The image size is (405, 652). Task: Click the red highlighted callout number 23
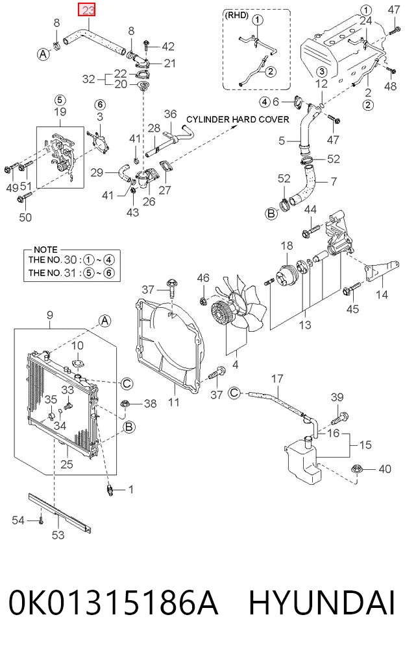pyautogui.click(x=88, y=10)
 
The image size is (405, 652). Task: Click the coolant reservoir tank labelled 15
pyautogui.click(x=303, y=460)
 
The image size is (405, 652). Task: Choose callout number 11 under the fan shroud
pyautogui.click(x=173, y=402)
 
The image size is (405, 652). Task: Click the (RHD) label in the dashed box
pyautogui.click(x=237, y=16)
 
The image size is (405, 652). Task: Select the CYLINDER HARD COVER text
pyautogui.click(x=238, y=119)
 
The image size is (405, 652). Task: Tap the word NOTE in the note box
pyautogui.click(x=45, y=250)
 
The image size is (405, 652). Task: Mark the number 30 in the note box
pyautogui.click(x=70, y=260)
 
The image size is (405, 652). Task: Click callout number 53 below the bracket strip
pyautogui.click(x=58, y=535)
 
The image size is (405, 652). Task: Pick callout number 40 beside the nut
pyautogui.click(x=385, y=469)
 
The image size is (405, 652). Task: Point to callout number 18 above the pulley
pyautogui.click(x=287, y=246)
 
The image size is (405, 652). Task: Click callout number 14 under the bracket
pyautogui.click(x=382, y=294)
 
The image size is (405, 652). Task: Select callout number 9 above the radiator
pyautogui.click(x=50, y=315)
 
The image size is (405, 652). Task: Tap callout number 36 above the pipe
pyautogui.click(x=170, y=114)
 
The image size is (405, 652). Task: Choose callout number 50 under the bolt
pyautogui.click(x=25, y=217)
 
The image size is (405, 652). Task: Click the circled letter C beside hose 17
pyautogui.click(x=234, y=393)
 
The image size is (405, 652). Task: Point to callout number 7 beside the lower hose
pyautogui.click(x=334, y=181)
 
